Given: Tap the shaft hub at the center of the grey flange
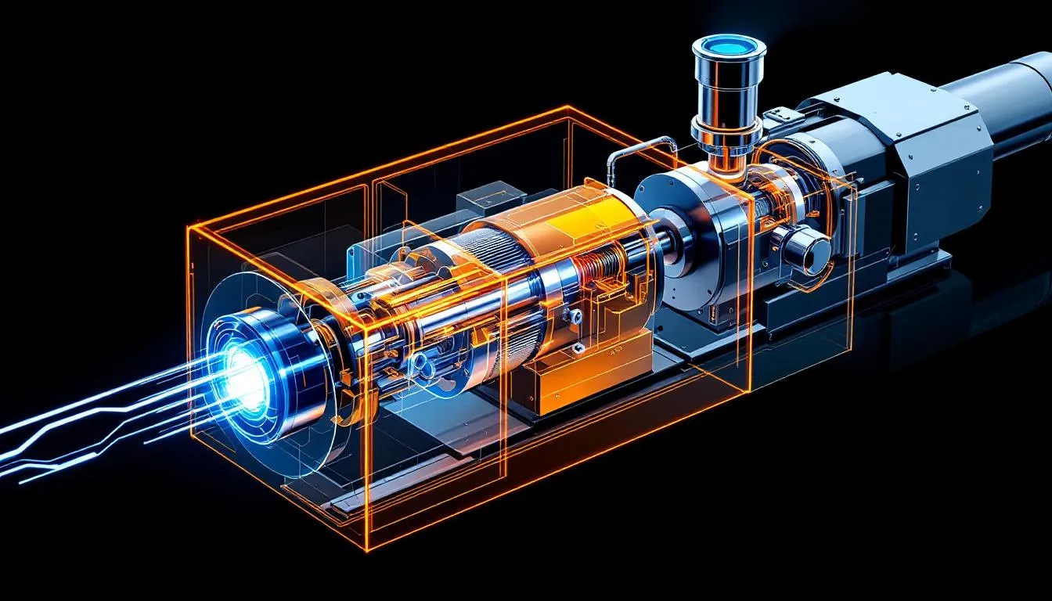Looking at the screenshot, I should [x=676, y=242].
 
